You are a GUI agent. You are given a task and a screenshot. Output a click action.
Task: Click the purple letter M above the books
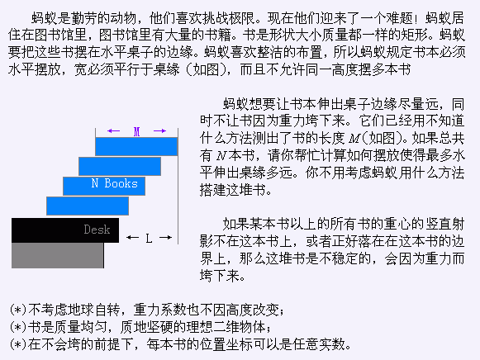coord(136,131)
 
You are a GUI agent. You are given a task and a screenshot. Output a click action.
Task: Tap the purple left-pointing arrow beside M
coord(113,131)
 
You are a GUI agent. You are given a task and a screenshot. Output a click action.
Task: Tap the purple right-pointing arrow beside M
coord(159,131)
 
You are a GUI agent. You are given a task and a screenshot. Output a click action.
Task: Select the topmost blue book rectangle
coord(136,146)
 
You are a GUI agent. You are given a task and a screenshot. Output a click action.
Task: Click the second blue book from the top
coord(120,167)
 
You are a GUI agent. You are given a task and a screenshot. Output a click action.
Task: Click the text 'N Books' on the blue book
coord(115,183)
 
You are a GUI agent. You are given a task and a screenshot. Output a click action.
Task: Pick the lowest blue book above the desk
coord(88,206)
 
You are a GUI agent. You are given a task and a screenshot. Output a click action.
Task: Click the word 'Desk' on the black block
coord(97,230)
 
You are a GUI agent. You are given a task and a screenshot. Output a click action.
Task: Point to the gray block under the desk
coord(58,255)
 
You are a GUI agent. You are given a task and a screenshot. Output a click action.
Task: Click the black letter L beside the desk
coord(149,238)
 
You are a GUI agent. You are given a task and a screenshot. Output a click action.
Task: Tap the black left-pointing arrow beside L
coord(132,237)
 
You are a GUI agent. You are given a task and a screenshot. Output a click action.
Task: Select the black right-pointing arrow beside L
coord(165,237)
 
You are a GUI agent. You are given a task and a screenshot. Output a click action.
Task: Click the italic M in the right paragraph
coord(354,139)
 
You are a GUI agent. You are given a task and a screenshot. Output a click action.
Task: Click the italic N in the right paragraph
coord(221,156)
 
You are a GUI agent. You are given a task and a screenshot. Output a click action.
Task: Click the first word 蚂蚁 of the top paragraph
coord(45,18)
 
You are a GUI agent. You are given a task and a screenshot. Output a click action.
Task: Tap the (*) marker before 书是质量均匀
coord(18,327)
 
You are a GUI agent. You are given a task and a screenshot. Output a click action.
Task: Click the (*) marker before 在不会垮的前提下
coord(18,344)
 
